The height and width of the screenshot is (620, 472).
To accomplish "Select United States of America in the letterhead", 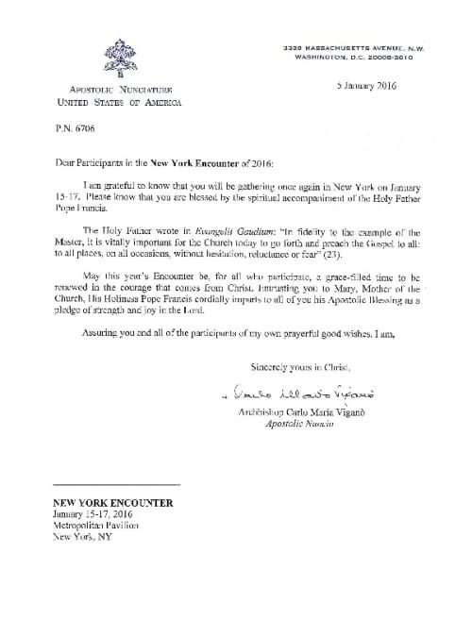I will (116, 102).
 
